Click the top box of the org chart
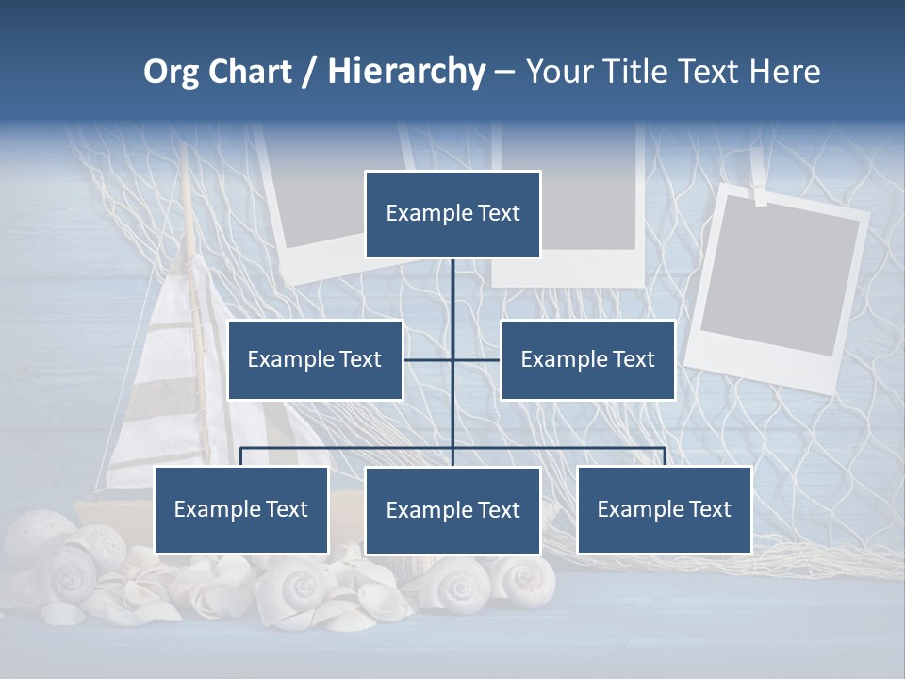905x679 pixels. [452, 214]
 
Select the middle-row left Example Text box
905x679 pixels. [315, 359]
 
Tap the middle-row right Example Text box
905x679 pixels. [587, 359]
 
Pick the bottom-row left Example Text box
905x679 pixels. [241, 509]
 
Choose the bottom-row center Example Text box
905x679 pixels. [452, 510]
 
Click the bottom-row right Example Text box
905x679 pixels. [665, 509]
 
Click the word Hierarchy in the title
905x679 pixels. [406, 72]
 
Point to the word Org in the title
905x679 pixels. [171, 72]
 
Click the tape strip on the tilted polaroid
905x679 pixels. [761, 195]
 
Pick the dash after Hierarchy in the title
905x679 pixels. [504, 72]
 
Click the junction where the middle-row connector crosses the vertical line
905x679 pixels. [452, 359]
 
